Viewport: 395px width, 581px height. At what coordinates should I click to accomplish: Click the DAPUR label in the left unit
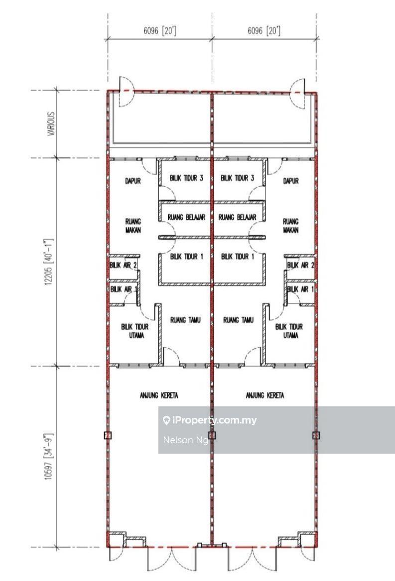(x=133, y=181)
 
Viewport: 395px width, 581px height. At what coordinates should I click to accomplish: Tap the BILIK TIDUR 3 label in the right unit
(x=238, y=178)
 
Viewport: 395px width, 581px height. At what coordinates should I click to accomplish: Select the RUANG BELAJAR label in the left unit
(x=186, y=217)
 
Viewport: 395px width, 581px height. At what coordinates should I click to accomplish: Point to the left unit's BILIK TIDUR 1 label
(x=187, y=256)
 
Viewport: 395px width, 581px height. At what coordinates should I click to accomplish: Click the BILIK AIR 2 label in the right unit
(x=300, y=265)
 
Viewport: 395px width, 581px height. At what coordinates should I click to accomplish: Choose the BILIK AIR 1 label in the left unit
(x=124, y=289)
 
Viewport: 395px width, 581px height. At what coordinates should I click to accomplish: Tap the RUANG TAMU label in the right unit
(x=239, y=320)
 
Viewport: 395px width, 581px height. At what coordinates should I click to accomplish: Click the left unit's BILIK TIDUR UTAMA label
(x=135, y=331)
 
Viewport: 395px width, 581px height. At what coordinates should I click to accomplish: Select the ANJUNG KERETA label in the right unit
(x=265, y=395)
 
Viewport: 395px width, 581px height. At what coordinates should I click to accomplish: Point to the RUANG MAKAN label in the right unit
(x=291, y=226)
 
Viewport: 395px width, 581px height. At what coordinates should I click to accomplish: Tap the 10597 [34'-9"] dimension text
(x=49, y=457)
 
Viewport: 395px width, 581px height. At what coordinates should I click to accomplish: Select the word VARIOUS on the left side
(x=51, y=124)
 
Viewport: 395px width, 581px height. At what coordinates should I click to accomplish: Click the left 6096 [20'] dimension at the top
(x=160, y=31)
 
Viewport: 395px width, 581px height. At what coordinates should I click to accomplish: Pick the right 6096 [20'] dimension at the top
(x=264, y=31)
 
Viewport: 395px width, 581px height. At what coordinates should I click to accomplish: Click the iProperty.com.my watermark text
(x=210, y=420)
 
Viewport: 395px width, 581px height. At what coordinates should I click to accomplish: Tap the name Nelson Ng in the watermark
(x=185, y=440)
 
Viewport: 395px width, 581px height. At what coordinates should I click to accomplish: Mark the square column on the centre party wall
(x=212, y=435)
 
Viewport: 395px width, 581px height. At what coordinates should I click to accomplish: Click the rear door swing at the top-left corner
(x=126, y=92)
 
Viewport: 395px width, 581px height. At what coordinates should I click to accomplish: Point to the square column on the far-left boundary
(x=108, y=435)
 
